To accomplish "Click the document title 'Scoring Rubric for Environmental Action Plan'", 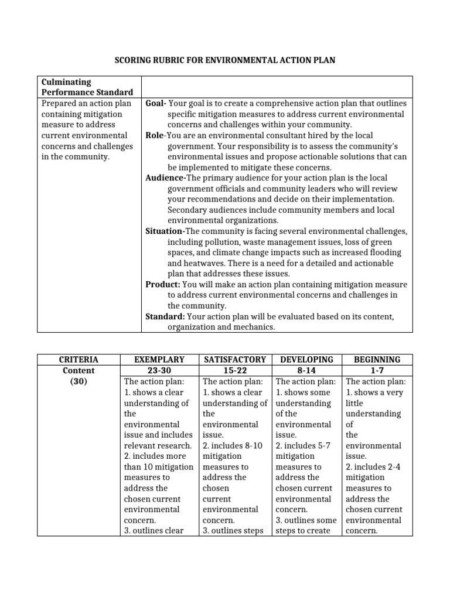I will click(224, 60).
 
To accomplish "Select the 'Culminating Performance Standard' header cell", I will click(87, 87).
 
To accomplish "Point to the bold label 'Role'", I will click(155, 135).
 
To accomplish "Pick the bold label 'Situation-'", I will click(165, 231).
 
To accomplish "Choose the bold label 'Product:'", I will click(163, 285).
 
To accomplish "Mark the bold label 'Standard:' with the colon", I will click(165, 317).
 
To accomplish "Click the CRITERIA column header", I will click(78, 360).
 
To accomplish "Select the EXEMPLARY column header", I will click(159, 360).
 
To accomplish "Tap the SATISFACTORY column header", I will click(234, 360).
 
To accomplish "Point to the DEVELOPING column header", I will click(307, 360).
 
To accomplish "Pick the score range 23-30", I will click(159, 370).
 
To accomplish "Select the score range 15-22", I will click(234, 370).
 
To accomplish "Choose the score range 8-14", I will click(307, 370).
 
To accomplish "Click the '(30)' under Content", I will click(78, 381).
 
